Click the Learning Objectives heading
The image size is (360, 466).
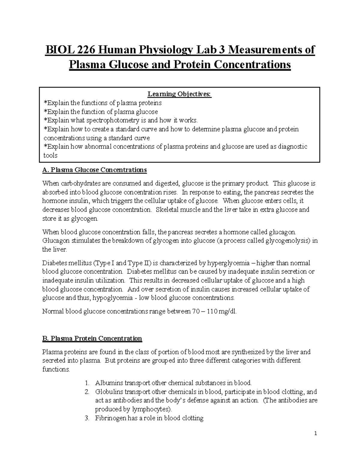179,94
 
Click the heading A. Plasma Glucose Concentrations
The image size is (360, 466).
94,170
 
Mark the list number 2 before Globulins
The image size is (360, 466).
87,392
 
